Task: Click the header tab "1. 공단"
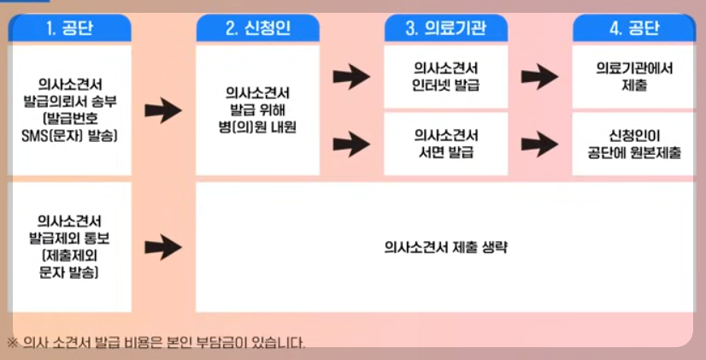click(x=70, y=28)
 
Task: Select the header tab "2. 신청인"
click(x=257, y=28)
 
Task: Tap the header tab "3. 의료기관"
click(x=445, y=28)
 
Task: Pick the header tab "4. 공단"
click(x=633, y=28)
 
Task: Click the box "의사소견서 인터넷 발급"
click(x=445, y=76)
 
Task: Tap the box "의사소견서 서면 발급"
click(x=445, y=144)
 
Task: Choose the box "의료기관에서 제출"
click(x=633, y=76)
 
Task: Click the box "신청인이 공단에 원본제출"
click(x=633, y=144)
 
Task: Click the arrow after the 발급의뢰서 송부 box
click(x=162, y=109)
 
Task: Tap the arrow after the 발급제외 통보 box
click(x=162, y=247)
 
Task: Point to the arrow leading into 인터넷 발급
click(x=350, y=77)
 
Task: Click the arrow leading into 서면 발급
click(x=350, y=144)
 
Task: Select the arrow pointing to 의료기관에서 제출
click(x=539, y=77)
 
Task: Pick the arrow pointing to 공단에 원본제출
click(x=539, y=144)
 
